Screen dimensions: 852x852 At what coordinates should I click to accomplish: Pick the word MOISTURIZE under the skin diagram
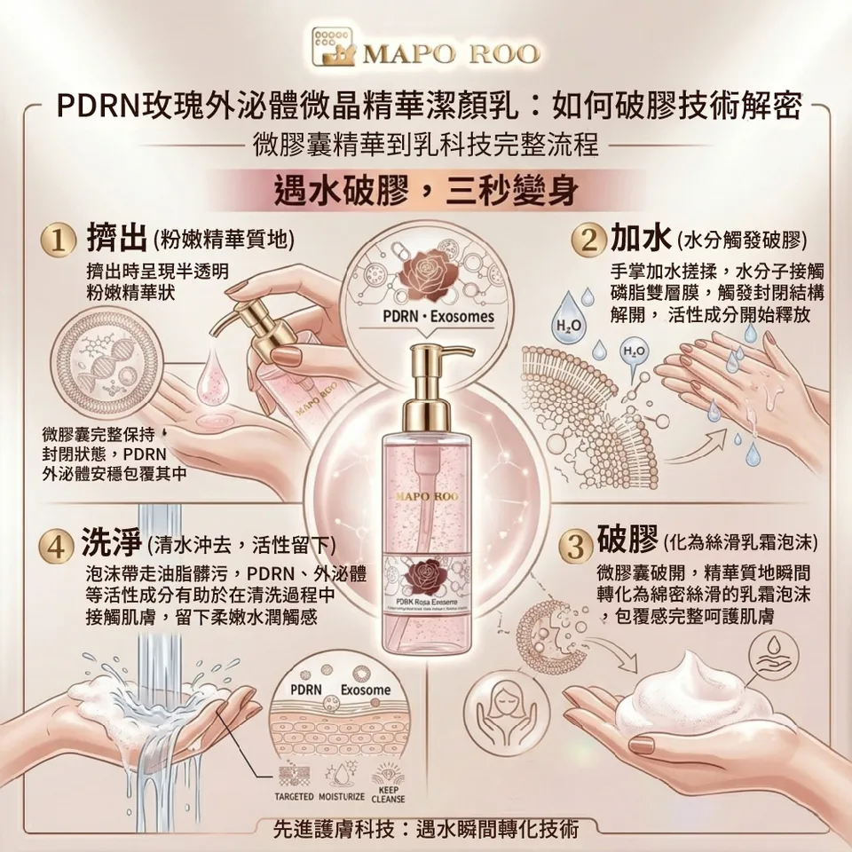point(338,794)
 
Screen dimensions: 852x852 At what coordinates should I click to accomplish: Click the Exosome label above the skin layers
point(365,690)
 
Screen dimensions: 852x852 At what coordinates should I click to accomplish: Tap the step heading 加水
point(640,238)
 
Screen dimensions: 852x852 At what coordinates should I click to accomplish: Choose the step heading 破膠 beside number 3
point(627,539)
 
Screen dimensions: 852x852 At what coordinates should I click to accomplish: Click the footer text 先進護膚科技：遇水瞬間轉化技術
point(427,829)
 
